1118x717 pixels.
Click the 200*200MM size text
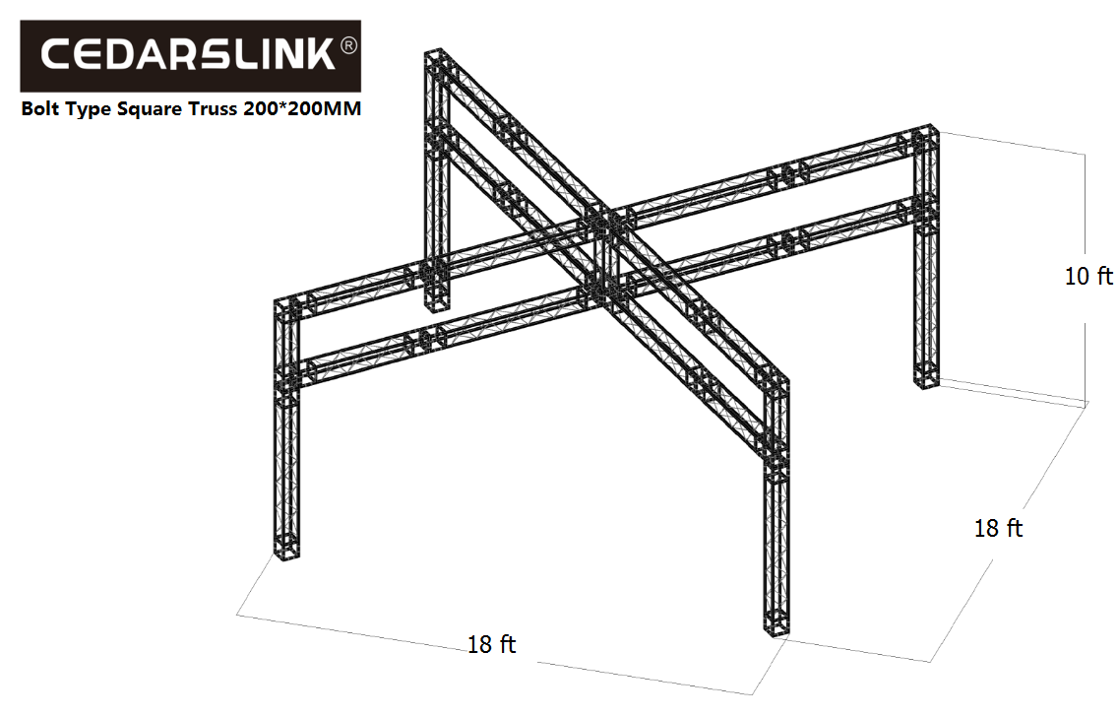[x=301, y=109]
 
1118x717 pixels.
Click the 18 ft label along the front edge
[x=491, y=645]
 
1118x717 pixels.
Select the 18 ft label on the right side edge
[x=998, y=529]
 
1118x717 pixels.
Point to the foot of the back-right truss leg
[x=926, y=376]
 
